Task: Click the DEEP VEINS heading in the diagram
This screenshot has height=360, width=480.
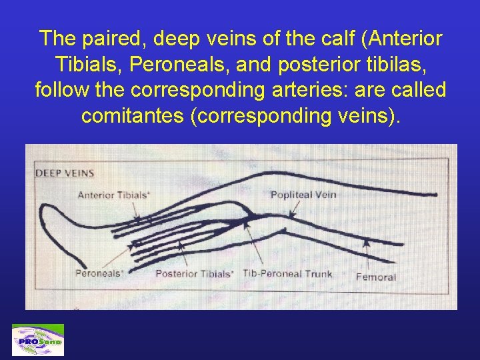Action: [x=65, y=173]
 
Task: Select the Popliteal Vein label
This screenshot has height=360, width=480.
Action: [x=303, y=195]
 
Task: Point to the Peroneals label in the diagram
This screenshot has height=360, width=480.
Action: [x=99, y=273]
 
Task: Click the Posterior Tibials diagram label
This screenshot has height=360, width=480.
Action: [x=194, y=274]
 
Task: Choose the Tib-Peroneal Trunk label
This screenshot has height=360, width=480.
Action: [x=287, y=274]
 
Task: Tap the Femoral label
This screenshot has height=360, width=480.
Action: [x=376, y=277]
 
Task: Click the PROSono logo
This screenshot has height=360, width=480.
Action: [x=38, y=340]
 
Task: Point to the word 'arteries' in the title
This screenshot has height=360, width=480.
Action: [x=311, y=90]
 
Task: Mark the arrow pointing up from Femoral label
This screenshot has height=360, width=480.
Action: [x=365, y=254]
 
